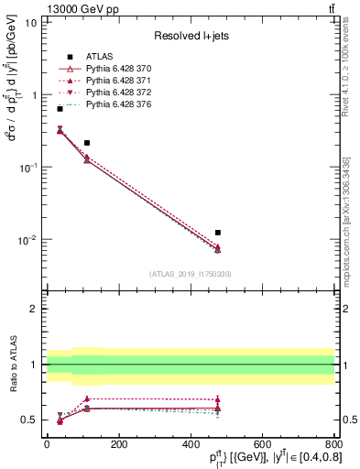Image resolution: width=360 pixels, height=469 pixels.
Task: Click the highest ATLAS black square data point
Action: [x=60, y=109]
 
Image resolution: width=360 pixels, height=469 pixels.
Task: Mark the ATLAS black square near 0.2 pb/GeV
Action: [x=87, y=143]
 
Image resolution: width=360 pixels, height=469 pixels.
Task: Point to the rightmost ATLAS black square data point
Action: [x=217, y=233]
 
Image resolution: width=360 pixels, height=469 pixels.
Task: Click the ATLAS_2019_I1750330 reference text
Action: [x=191, y=274]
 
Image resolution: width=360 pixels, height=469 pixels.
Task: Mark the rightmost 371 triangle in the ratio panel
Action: [x=217, y=399]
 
